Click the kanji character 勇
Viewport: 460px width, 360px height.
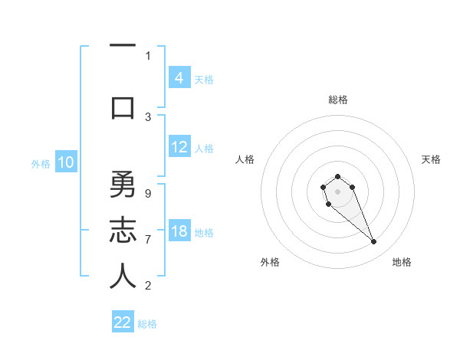tap(123, 185)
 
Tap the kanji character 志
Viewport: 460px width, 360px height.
tap(123, 231)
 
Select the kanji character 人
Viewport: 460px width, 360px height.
tap(123, 277)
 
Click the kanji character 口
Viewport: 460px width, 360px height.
tap(123, 107)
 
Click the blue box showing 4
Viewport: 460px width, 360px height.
tap(179, 78)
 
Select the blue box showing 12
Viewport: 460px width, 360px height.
tap(179, 148)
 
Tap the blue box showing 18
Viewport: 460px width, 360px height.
tap(179, 232)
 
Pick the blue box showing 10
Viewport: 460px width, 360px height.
tap(65, 162)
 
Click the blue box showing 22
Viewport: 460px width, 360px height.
tap(123, 322)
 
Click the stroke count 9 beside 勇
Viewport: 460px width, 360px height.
tap(148, 193)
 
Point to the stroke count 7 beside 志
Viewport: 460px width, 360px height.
tap(148, 240)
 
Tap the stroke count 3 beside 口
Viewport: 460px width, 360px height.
tap(148, 116)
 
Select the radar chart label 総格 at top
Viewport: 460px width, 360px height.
tap(337, 100)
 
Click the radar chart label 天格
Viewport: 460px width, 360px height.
tap(431, 159)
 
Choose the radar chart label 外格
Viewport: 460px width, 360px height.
tap(270, 262)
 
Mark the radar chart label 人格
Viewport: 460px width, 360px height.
tap(245, 159)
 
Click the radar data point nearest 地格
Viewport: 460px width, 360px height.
tap(374, 242)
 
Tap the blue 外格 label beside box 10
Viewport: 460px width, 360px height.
tap(41, 163)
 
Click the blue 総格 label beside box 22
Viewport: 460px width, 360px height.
tap(147, 323)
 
